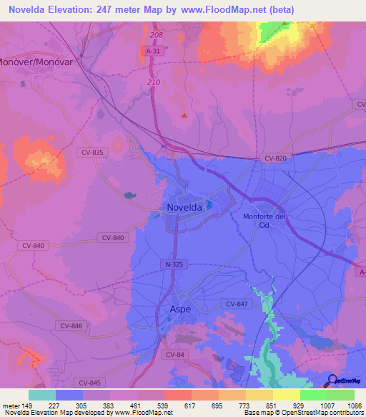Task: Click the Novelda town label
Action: (184, 207)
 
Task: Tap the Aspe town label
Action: (181, 310)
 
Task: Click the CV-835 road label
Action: (93, 152)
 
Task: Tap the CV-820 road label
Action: (275, 158)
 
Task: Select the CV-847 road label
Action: (237, 305)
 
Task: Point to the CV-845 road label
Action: (91, 383)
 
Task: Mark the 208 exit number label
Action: (157, 34)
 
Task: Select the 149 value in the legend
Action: (27, 406)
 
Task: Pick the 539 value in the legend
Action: (163, 406)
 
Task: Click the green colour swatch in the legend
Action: (313, 395)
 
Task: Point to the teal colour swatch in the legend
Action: (41, 395)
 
